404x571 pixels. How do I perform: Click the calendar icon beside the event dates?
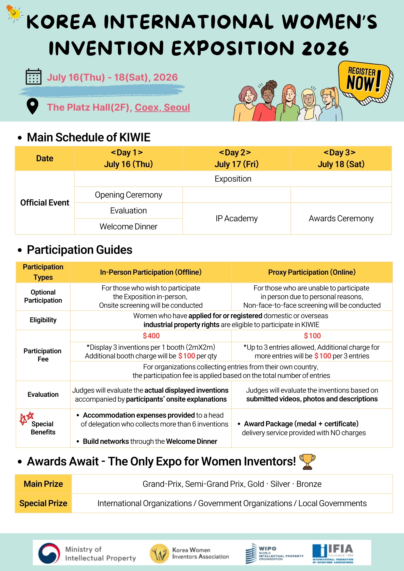pyautogui.click(x=33, y=77)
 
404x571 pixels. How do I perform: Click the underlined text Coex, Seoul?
pyautogui.click(x=162, y=107)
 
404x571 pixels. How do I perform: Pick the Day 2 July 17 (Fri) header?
pyautogui.click(x=236, y=158)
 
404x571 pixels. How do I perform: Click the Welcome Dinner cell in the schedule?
pyautogui.click(x=128, y=226)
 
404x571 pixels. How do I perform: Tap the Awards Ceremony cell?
pyautogui.click(x=341, y=218)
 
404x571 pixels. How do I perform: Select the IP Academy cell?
pyautogui.click(x=236, y=218)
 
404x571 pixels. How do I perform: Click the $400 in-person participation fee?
pyautogui.click(x=151, y=336)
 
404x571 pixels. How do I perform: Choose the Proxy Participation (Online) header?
pyautogui.click(x=312, y=272)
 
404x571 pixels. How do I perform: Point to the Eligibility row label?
pyautogui.click(x=43, y=320)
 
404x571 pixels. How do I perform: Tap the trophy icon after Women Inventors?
pyautogui.click(x=307, y=461)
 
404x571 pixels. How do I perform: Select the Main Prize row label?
pyautogui.click(x=43, y=484)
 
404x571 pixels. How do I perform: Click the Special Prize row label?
pyautogui.click(x=43, y=503)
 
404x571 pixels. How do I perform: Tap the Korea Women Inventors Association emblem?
pyautogui.click(x=159, y=553)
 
